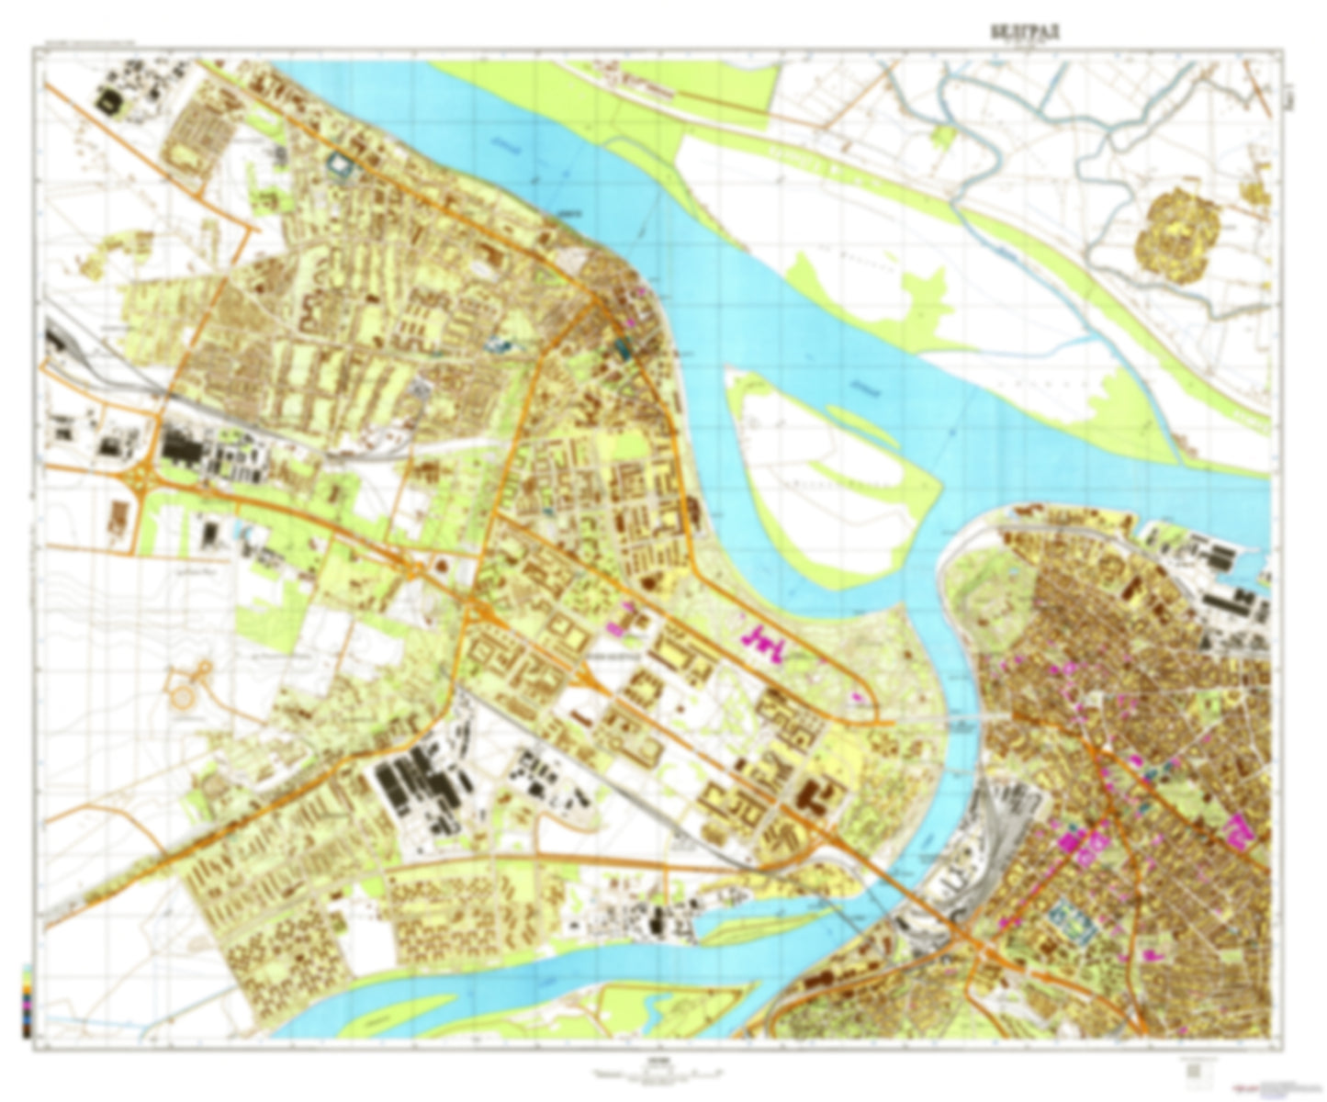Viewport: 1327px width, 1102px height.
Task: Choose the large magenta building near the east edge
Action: [1240, 833]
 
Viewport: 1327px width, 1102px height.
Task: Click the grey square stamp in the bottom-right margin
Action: [1193, 1071]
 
